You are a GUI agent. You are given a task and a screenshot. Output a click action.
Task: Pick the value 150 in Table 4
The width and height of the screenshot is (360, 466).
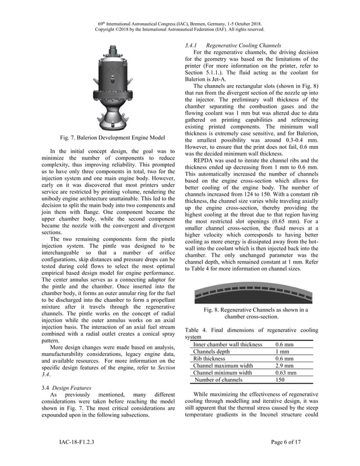[280, 380]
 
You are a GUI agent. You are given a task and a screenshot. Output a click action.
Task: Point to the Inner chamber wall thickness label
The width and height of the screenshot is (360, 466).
[227, 344]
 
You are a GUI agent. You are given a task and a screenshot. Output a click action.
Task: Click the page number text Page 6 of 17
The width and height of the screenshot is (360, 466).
[286, 442]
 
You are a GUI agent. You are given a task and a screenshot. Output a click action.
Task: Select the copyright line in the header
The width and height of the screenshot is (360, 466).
[179, 30]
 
